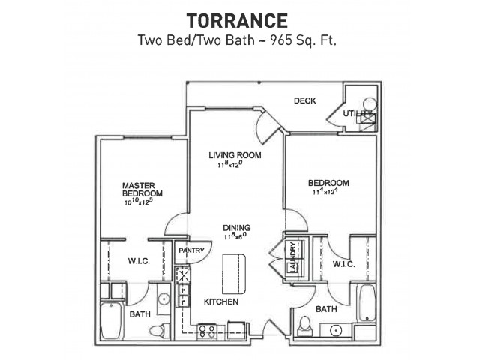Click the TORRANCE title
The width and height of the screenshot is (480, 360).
[x=237, y=20]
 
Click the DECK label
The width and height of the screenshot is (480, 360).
[x=305, y=100]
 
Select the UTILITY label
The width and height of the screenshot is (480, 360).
[x=358, y=113]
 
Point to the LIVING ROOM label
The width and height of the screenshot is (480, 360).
[x=235, y=155]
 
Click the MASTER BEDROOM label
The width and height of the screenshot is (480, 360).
[x=142, y=190]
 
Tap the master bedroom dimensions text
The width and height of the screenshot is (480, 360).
[x=139, y=202]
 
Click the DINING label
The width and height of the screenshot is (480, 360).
[x=237, y=228]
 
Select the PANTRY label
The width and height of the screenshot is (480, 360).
[x=192, y=250]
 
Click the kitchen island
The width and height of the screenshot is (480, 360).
[x=234, y=273]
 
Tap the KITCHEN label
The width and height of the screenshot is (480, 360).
[x=221, y=301]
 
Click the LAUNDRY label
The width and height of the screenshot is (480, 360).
[x=293, y=257]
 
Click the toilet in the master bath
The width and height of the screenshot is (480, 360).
[x=158, y=331]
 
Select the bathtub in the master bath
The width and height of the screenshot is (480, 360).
[x=112, y=320]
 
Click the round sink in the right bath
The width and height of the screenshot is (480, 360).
[x=336, y=331]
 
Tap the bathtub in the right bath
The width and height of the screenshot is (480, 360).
[x=367, y=303]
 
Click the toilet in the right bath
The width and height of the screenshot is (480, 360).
[x=305, y=325]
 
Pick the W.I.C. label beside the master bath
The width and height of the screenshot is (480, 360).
[x=139, y=261]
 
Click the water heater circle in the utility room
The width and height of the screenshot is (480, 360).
[x=370, y=104]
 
